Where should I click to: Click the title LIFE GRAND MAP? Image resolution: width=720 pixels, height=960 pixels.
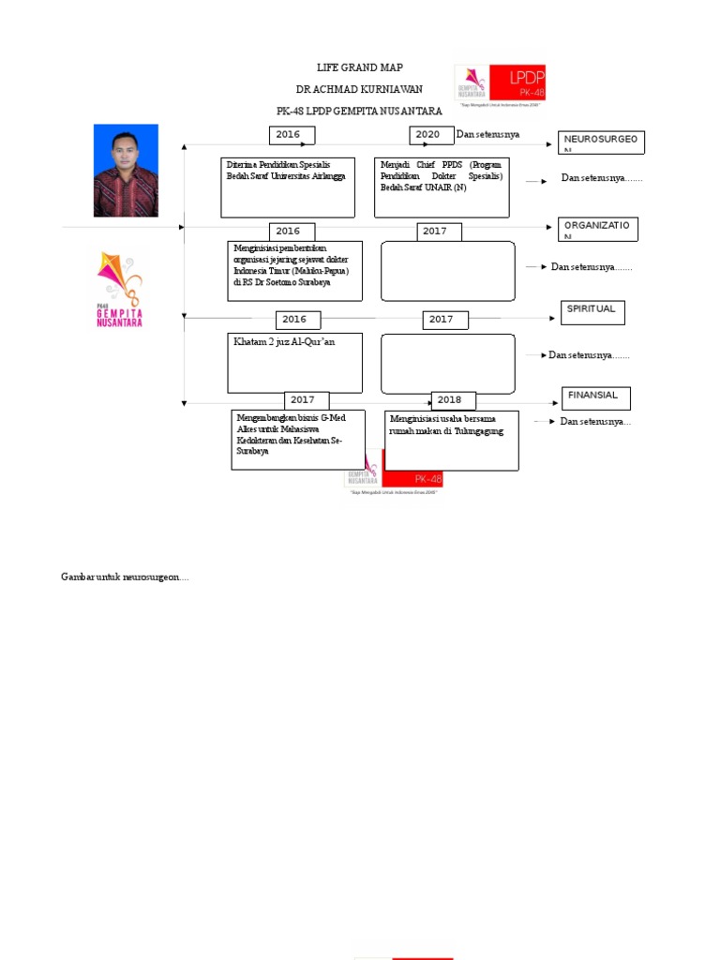click(x=359, y=68)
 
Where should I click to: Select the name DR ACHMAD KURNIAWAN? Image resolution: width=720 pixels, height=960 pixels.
click(x=359, y=89)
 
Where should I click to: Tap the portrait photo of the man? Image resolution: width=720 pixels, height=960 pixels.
click(x=126, y=171)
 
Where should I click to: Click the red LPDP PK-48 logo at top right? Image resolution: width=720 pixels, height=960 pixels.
click(x=500, y=83)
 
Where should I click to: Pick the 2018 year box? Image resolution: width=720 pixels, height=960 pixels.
click(x=453, y=400)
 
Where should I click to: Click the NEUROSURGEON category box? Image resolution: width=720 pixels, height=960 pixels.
click(x=601, y=142)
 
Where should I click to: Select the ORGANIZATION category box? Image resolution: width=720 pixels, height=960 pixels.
click(x=597, y=229)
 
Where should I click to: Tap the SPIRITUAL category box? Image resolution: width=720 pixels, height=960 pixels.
click(x=592, y=312)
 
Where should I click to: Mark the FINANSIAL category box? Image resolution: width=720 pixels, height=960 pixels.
click(x=595, y=398)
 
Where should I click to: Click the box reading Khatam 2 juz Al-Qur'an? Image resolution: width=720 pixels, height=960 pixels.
click(x=294, y=363)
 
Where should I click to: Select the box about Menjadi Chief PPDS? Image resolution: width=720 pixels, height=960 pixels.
click(x=442, y=187)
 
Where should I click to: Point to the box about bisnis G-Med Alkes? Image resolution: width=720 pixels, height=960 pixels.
click(x=298, y=440)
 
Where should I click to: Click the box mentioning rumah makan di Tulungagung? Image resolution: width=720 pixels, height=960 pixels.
click(x=452, y=440)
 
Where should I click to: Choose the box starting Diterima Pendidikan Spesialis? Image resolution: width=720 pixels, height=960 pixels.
click(x=288, y=187)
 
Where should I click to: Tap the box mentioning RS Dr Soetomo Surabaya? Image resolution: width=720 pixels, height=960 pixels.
click(x=294, y=271)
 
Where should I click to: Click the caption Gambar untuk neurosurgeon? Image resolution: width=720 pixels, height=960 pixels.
click(x=126, y=577)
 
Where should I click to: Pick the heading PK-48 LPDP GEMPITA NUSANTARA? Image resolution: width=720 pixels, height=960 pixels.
click(x=359, y=111)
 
